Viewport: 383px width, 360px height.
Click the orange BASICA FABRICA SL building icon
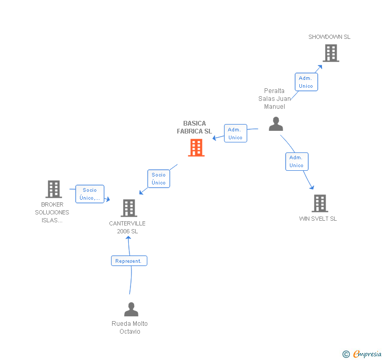(196, 148)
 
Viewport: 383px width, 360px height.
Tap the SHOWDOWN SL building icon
(331, 53)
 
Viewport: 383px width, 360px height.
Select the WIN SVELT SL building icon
(319, 203)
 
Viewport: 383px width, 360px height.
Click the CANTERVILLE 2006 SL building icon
(129, 208)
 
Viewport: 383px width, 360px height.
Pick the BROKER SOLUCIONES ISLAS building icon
(54, 189)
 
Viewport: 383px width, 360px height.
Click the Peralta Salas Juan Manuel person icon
(276, 124)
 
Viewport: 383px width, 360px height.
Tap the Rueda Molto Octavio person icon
(131, 309)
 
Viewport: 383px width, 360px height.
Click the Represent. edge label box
(129, 261)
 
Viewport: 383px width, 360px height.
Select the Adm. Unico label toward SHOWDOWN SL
(306, 82)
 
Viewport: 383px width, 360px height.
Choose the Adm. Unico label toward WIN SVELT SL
(296, 161)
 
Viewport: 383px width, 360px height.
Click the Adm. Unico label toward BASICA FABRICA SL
(235, 133)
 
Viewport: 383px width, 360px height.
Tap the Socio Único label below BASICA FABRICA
(158, 179)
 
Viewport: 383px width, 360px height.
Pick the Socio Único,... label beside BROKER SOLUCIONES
(90, 194)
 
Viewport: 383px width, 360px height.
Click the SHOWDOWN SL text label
(329, 37)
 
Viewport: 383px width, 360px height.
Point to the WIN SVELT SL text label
(318, 219)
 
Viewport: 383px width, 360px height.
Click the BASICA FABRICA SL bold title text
(195, 128)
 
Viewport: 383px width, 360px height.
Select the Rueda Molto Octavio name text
(130, 327)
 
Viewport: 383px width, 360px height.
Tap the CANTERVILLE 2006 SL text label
(127, 227)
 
